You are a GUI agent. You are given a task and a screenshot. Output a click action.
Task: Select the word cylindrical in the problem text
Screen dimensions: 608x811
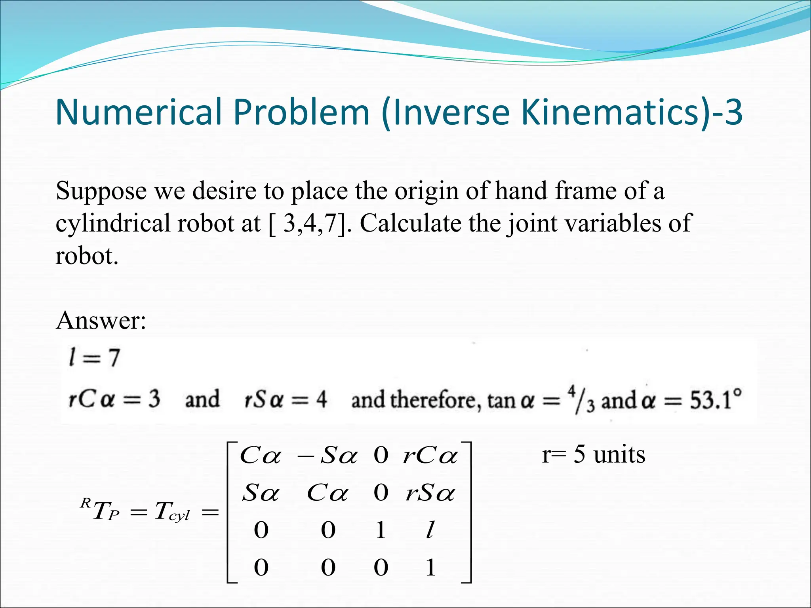click(x=112, y=223)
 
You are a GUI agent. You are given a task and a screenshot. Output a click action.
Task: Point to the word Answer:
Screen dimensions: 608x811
click(x=101, y=320)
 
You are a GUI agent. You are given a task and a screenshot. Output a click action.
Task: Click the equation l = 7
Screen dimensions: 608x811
click(x=94, y=357)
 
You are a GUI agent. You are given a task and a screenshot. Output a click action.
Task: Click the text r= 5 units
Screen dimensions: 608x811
click(x=593, y=454)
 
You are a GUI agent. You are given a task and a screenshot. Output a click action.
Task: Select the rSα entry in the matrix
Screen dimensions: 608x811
click(x=430, y=493)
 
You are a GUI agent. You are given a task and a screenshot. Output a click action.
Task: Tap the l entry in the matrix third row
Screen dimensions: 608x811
click(x=430, y=530)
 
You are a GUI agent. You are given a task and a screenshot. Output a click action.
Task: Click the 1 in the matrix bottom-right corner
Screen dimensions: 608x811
click(x=431, y=567)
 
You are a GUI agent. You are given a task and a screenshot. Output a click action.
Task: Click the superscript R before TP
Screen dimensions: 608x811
click(x=85, y=503)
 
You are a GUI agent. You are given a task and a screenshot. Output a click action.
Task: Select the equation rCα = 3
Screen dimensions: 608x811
click(x=114, y=399)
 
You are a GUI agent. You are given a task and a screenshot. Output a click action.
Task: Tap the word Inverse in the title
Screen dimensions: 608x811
click(x=449, y=112)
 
